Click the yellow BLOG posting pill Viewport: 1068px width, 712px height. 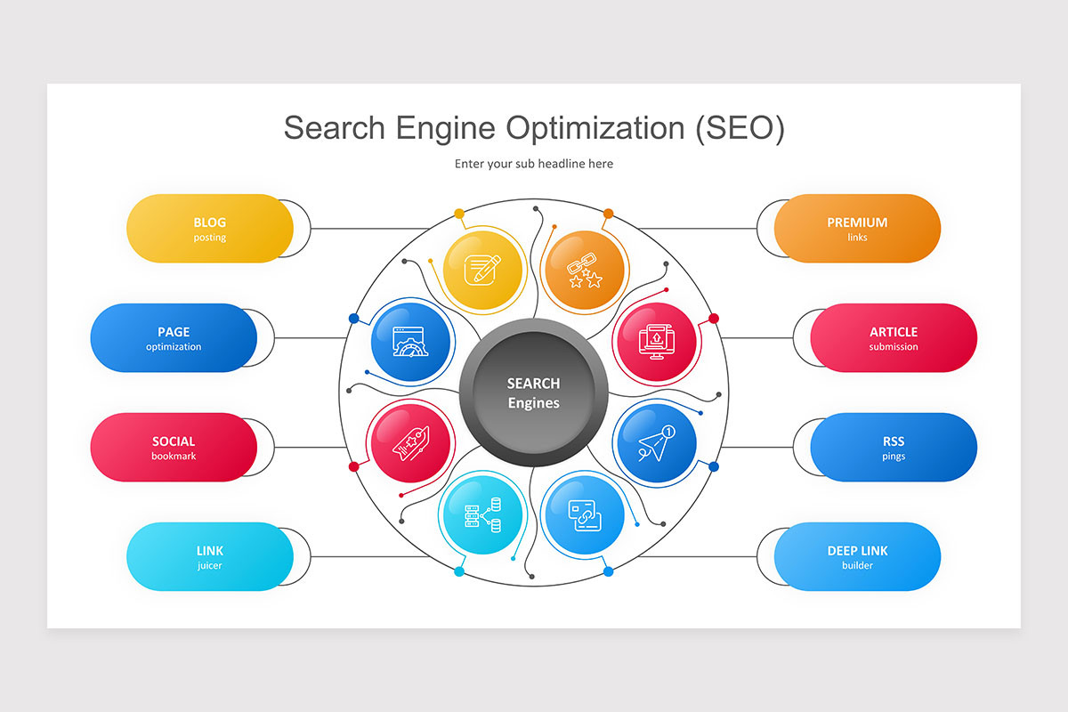pos(210,229)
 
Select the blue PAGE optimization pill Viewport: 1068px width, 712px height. pos(174,338)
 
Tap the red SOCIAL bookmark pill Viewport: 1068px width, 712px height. pos(174,448)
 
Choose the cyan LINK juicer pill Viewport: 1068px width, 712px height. pos(210,557)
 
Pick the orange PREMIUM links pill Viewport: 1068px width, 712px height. pos(857,229)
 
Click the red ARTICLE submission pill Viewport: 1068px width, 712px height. pos(894,338)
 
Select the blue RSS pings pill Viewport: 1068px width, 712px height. pos(894,448)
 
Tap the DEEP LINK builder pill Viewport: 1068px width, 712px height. pos(857,557)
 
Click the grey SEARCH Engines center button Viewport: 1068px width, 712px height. pos(534,392)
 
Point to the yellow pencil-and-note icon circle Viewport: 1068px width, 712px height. pos(481,269)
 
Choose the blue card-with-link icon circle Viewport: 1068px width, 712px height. pos(584,515)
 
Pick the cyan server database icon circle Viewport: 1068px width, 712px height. pos(481,515)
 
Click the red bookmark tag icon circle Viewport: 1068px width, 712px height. pos(410,443)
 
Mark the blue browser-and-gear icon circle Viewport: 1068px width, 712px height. pos(410,341)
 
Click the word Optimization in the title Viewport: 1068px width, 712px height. pos(595,128)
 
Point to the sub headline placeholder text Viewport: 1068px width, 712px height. pos(534,164)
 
